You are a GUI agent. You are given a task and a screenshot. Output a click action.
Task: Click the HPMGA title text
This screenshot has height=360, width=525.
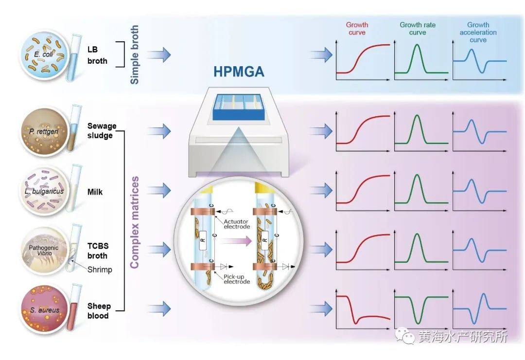239,72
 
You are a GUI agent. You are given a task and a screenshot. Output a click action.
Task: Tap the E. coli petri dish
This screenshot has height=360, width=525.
43,55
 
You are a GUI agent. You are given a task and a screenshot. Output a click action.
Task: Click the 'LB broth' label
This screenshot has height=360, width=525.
97,55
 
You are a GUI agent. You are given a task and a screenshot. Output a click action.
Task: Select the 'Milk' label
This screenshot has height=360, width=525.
95,192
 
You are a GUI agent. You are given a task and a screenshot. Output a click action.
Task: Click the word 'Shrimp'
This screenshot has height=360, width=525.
100,270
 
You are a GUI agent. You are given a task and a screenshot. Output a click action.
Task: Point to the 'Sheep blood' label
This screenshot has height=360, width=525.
99,311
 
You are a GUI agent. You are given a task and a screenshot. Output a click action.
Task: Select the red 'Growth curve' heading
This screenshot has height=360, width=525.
357,29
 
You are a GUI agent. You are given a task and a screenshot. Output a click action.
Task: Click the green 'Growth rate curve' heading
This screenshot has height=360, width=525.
418,29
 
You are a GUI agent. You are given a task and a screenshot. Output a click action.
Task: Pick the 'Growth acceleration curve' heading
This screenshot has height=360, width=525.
478,32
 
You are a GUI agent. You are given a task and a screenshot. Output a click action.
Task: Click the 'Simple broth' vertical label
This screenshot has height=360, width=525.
135,54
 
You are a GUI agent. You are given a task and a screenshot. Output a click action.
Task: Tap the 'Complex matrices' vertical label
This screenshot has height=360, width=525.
135,222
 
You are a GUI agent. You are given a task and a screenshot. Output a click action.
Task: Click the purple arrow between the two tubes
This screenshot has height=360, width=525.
233,239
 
